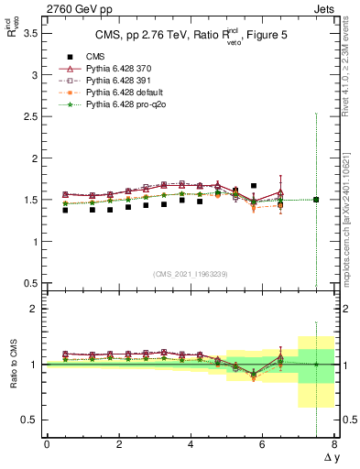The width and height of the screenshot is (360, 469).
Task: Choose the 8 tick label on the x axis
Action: [x=334, y=444]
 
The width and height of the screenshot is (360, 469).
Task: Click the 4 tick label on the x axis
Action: [x=191, y=444]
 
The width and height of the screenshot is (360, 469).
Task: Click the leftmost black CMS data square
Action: [x=64, y=210]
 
